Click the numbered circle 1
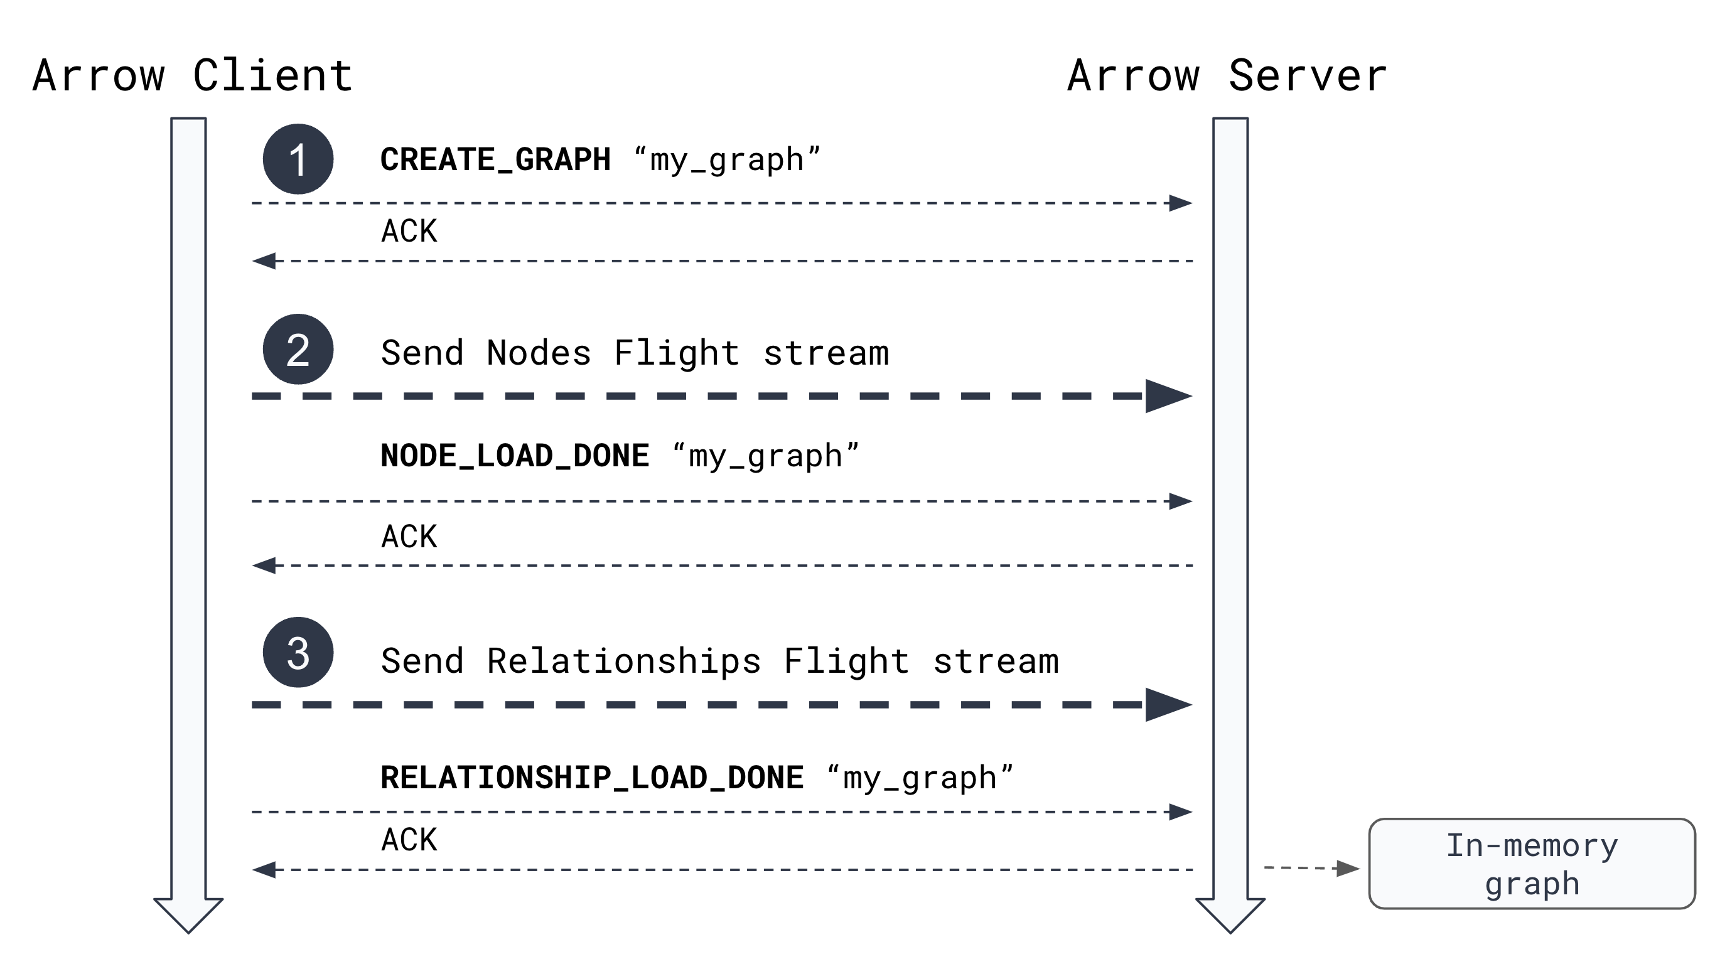298,159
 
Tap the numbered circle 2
298,350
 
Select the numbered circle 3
298,653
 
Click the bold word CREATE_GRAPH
495,160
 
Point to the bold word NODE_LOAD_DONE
514,456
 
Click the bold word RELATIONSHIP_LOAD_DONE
591,778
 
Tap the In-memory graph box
1531,864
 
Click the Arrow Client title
193,75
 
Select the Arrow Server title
1227,75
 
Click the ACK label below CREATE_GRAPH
409,231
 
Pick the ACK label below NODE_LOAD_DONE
409,537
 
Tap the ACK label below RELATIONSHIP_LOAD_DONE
409,840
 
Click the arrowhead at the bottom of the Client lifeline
188,915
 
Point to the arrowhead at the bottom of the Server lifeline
1230,915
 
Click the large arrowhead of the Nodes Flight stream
1166,396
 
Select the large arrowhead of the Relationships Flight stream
1166,704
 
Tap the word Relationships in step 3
623,661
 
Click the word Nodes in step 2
538,353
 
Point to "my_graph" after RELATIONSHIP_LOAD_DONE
920,778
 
